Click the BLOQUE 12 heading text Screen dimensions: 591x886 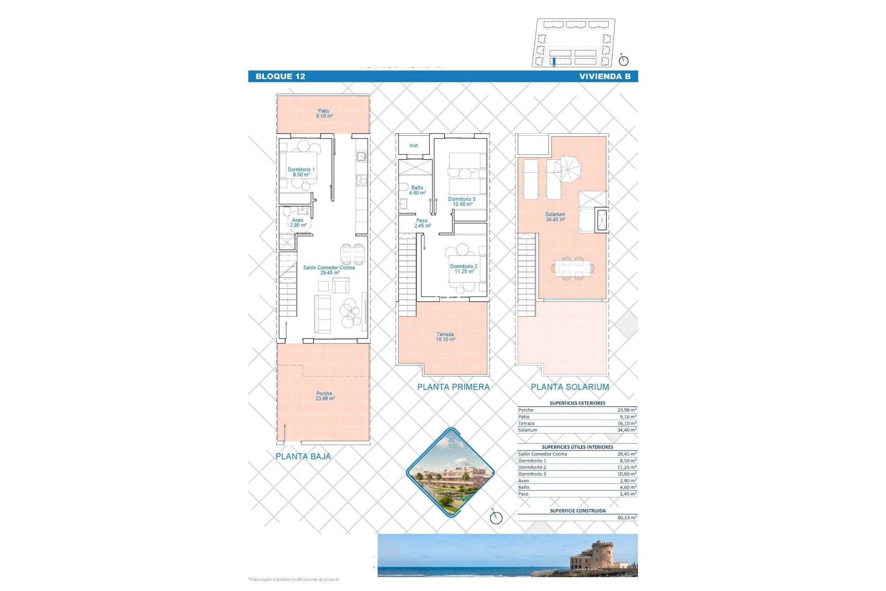(280, 77)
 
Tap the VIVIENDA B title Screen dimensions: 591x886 (605, 77)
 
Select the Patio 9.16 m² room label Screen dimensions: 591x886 (324, 114)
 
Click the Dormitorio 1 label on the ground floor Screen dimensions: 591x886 (301, 172)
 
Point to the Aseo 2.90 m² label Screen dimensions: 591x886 (298, 223)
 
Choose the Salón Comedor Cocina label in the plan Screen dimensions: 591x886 (329, 270)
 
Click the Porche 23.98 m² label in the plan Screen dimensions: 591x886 (324, 396)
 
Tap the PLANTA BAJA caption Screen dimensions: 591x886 (303, 457)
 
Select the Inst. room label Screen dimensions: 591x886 (414, 146)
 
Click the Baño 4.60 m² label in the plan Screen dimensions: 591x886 (417, 190)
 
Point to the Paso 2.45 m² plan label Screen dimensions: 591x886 (422, 223)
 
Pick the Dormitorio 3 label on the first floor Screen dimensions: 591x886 (461, 202)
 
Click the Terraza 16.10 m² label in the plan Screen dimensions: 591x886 (445, 337)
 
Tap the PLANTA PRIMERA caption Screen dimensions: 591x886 (453, 387)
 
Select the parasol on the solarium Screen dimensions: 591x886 (568, 166)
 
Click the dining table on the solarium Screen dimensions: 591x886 (573, 268)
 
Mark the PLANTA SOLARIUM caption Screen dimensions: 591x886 (570, 387)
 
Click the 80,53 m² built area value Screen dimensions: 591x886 (627, 518)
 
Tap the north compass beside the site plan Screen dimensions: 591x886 (623, 60)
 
